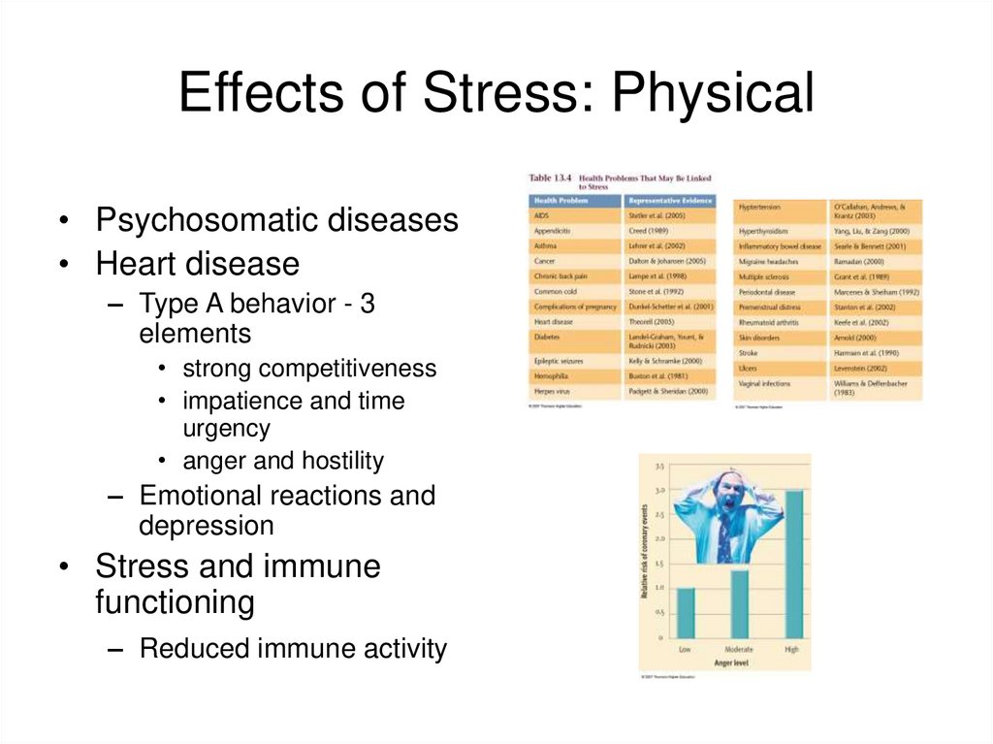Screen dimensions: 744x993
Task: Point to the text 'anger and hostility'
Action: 283,461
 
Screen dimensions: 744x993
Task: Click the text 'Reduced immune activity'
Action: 293,648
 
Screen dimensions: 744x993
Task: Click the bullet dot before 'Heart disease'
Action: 62,264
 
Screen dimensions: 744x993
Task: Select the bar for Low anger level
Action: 686,612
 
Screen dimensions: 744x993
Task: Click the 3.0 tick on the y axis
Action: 659,491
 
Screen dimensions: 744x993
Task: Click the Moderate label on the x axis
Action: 739,649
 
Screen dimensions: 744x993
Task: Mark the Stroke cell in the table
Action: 749,354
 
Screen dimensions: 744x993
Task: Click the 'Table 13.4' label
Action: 550,178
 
